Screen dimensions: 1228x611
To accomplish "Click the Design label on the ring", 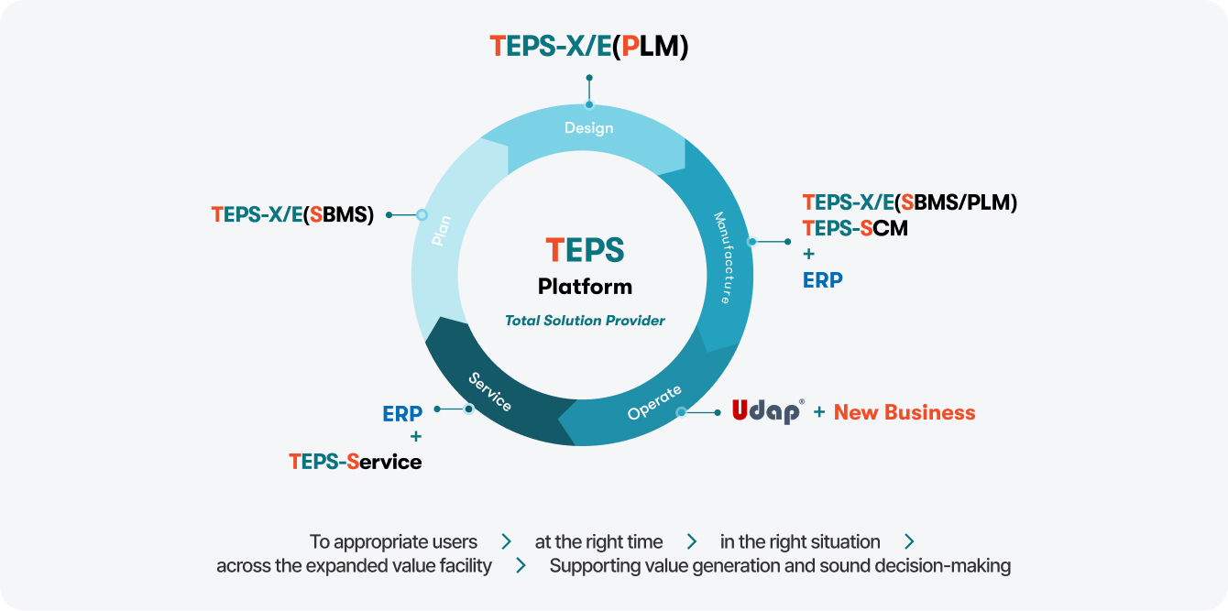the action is point(588,128).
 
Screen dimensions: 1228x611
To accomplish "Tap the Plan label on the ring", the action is point(442,231).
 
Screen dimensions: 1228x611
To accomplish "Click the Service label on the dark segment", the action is point(490,392).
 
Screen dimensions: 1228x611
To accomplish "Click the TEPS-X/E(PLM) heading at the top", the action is point(588,46).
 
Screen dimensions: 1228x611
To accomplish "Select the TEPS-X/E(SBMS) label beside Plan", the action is point(292,214).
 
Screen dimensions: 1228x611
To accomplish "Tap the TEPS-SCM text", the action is point(855,228).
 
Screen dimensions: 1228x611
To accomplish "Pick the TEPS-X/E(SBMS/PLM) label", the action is point(909,202).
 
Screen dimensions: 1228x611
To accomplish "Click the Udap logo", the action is point(768,411).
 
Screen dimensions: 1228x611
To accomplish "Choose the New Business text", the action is point(905,412).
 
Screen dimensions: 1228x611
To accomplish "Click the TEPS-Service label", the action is point(356,462).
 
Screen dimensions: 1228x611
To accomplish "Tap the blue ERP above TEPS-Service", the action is point(402,414).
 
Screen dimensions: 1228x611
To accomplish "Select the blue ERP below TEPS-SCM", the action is point(822,280).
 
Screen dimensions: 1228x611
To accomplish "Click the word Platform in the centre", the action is point(585,287).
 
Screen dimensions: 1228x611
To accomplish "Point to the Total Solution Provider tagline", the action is point(585,321).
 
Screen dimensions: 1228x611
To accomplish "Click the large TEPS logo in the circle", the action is point(585,250).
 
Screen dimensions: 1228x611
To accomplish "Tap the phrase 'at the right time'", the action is point(598,542).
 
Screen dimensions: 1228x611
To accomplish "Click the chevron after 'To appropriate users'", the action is point(507,542).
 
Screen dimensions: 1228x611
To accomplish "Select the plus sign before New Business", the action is point(819,412).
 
